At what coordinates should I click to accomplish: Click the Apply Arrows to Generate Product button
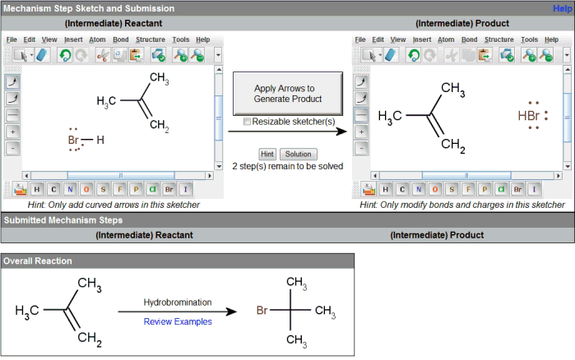click(x=285, y=93)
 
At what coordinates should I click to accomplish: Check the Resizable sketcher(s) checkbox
click(x=248, y=122)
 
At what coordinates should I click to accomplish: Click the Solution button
click(x=298, y=154)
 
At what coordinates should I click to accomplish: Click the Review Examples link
click(x=178, y=321)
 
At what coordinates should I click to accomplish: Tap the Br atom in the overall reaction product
click(x=262, y=312)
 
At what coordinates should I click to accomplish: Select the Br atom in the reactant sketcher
click(x=73, y=141)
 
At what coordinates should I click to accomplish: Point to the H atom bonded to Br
click(x=100, y=140)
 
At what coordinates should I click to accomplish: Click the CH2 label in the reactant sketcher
click(x=160, y=128)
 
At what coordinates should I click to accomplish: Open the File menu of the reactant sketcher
click(x=12, y=39)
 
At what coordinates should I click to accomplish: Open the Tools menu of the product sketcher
click(x=530, y=39)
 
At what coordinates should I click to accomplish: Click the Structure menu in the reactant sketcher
click(x=149, y=39)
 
